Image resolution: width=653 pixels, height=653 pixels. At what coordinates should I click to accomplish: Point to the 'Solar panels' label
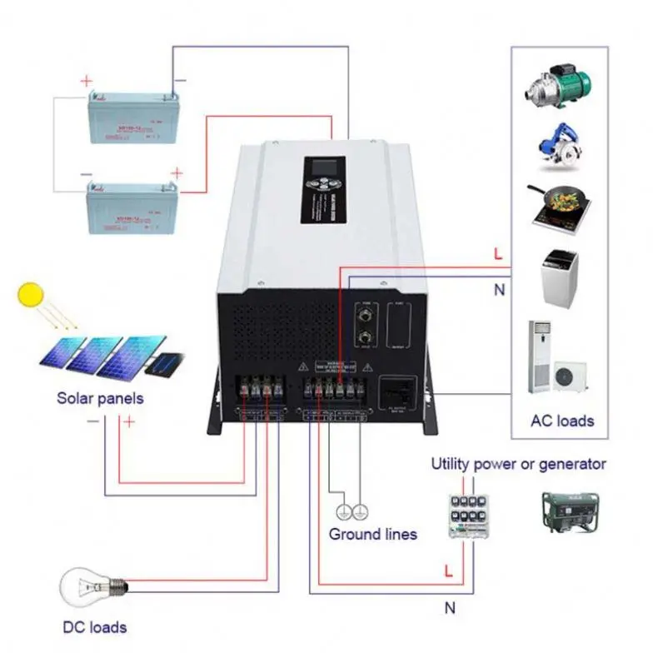tap(100, 398)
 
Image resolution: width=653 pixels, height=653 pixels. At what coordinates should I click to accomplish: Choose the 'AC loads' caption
tap(562, 420)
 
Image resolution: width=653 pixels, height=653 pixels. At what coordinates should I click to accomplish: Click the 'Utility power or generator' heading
tap(518, 464)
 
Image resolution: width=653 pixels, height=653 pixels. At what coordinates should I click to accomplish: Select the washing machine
tap(557, 276)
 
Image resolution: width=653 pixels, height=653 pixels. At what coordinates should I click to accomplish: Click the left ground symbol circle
tap(342, 511)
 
